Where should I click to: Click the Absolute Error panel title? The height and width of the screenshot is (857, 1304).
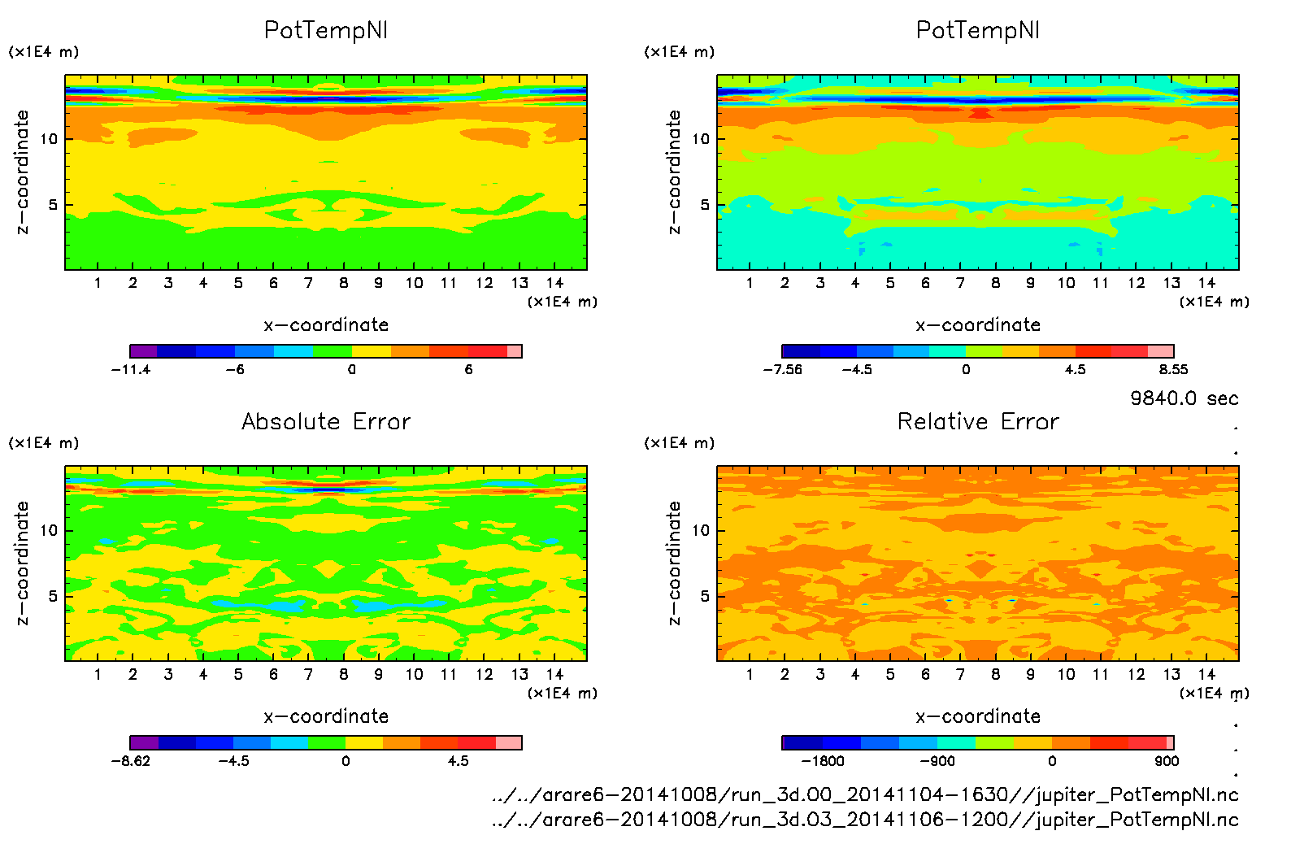[326, 421]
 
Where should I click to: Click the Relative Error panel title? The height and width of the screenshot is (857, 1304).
[978, 421]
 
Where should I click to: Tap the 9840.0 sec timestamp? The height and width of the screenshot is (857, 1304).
[1184, 398]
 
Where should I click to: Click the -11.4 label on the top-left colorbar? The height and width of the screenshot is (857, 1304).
[131, 370]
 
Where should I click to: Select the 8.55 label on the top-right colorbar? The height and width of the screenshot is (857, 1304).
[1173, 370]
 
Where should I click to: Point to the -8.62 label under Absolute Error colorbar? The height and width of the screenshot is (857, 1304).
[131, 762]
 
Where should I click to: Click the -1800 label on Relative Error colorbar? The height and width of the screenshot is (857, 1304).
[823, 762]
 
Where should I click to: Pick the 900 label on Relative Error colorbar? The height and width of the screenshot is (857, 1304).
[1167, 762]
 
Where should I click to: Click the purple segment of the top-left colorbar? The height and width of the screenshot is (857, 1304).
[144, 351]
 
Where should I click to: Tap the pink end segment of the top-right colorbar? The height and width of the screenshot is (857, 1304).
[1161, 351]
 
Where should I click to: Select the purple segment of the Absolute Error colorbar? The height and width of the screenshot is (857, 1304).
[145, 742]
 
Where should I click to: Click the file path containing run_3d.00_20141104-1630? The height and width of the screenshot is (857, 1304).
[865, 794]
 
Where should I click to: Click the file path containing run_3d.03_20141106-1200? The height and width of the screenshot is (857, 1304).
[865, 820]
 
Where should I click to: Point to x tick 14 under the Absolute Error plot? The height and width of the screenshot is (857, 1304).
[555, 675]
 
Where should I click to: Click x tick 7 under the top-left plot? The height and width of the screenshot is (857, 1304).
[308, 283]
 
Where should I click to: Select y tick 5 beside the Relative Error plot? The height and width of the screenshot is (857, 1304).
[705, 596]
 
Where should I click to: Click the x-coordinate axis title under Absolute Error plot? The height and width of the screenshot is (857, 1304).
[326, 716]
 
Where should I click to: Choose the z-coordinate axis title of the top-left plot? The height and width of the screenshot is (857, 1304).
[22, 172]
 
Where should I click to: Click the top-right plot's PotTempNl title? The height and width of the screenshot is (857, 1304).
[978, 30]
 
